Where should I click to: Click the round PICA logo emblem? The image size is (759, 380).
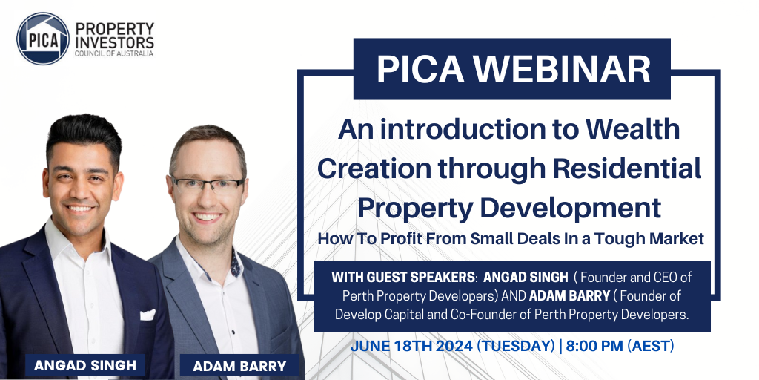click(x=43, y=39)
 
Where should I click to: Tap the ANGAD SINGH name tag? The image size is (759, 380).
click(x=84, y=365)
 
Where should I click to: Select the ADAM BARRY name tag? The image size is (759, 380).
click(x=239, y=366)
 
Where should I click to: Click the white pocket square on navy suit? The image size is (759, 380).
click(x=148, y=314)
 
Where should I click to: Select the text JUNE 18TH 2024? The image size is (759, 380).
click(x=411, y=347)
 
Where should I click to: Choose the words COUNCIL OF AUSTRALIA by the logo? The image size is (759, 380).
click(x=113, y=53)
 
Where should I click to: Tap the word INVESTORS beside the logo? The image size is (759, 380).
click(x=114, y=42)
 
